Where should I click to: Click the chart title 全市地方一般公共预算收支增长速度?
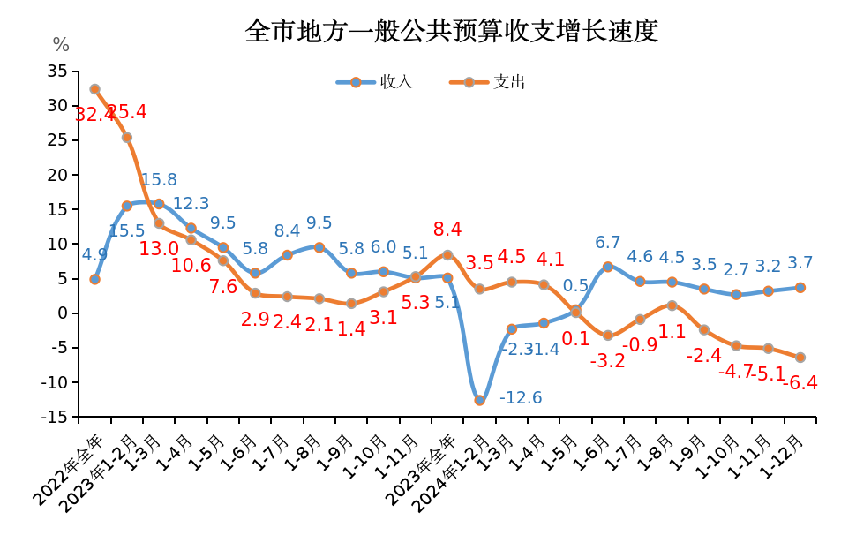[452, 32]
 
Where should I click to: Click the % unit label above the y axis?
[61, 45]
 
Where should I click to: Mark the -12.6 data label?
[521, 398]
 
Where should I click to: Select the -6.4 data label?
[800, 383]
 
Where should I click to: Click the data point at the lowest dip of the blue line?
[479, 400]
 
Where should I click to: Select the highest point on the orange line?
[94, 89]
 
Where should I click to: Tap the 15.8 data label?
[159, 180]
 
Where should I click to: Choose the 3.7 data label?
[800, 263]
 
